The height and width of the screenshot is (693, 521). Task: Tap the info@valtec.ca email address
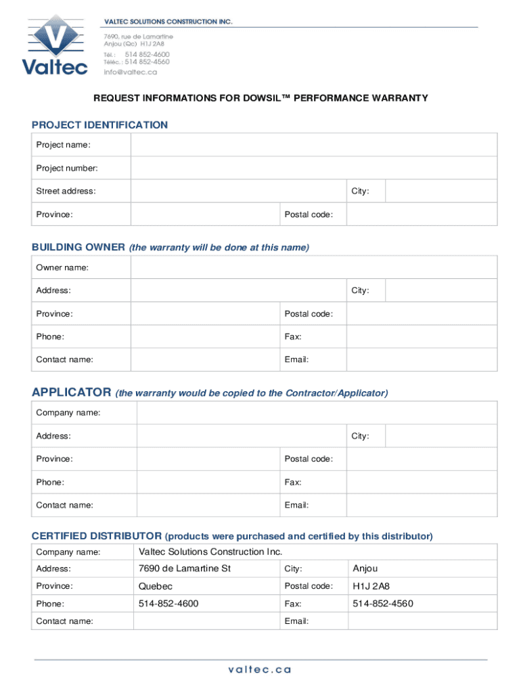click(x=130, y=72)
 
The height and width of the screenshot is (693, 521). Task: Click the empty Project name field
click(x=314, y=145)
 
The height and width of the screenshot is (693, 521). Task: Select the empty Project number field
click(x=314, y=168)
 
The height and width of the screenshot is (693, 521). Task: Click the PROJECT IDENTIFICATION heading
click(x=99, y=125)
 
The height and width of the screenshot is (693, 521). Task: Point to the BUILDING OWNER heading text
click(x=78, y=247)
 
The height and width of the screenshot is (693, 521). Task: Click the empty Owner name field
click(x=314, y=267)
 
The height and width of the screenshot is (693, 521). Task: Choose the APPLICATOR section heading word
click(x=71, y=393)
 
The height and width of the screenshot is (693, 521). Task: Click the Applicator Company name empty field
click(x=317, y=413)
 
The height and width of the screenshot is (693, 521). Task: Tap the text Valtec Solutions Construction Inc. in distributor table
click(x=210, y=552)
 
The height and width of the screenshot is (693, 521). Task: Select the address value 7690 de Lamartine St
click(x=185, y=568)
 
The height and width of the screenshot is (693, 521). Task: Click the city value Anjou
click(x=365, y=568)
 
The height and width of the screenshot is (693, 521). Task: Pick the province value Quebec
click(x=156, y=586)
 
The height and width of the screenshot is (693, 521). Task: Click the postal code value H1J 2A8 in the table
click(x=371, y=586)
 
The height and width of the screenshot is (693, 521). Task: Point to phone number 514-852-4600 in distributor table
click(x=168, y=604)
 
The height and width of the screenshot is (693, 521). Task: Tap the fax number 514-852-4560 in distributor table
click(x=383, y=604)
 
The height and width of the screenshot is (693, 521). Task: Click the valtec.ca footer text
click(x=260, y=669)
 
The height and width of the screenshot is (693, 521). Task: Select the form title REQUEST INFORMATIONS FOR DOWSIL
click(x=260, y=98)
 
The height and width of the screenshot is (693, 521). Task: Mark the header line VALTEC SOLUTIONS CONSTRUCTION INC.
click(x=168, y=22)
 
